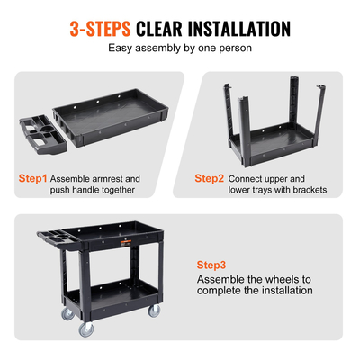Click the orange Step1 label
tap(32, 179)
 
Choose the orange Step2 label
tap(210, 178)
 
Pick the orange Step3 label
tap(212, 265)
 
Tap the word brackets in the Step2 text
tap(304, 190)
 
